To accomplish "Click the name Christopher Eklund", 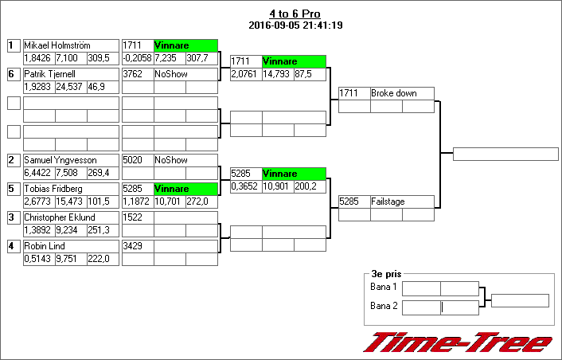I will click(x=59, y=217).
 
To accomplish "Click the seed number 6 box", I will click(x=13, y=74).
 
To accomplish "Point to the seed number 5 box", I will click(x=13, y=189).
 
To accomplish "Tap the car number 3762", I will click(x=133, y=74).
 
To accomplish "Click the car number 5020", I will click(x=133, y=160).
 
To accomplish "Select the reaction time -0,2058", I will click(x=137, y=58).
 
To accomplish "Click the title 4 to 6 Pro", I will click(x=295, y=14).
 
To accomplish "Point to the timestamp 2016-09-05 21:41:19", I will click(x=295, y=25).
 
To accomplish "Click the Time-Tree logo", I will click(x=458, y=342).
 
